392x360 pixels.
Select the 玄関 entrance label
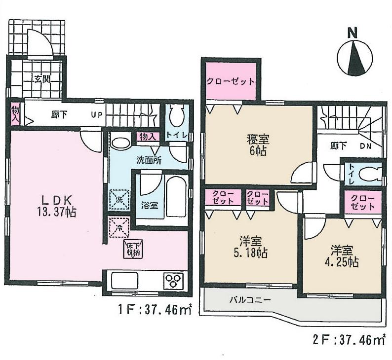(41, 78)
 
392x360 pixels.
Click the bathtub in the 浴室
(176, 197)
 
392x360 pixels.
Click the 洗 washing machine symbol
(118, 200)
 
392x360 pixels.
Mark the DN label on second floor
(365, 146)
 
